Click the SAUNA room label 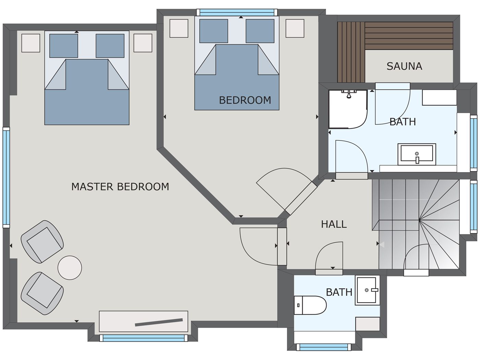(x=404, y=66)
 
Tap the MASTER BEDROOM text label (x=120, y=187)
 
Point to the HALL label (x=334, y=224)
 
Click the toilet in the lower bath (x=310, y=305)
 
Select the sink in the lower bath (x=367, y=290)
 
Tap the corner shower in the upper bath (x=347, y=109)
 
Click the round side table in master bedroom (x=70, y=267)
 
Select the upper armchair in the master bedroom (x=42, y=241)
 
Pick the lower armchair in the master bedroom (x=42, y=293)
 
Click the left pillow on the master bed (x=63, y=46)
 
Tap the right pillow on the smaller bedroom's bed (x=260, y=31)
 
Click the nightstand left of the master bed (x=31, y=43)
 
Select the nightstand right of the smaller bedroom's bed (x=295, y=28)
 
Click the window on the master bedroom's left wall (x=6, y=177)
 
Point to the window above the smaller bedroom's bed (x=237, y=12)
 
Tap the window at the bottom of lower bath (x=324, y=347)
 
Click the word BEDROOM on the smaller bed (x=245, y=100)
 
